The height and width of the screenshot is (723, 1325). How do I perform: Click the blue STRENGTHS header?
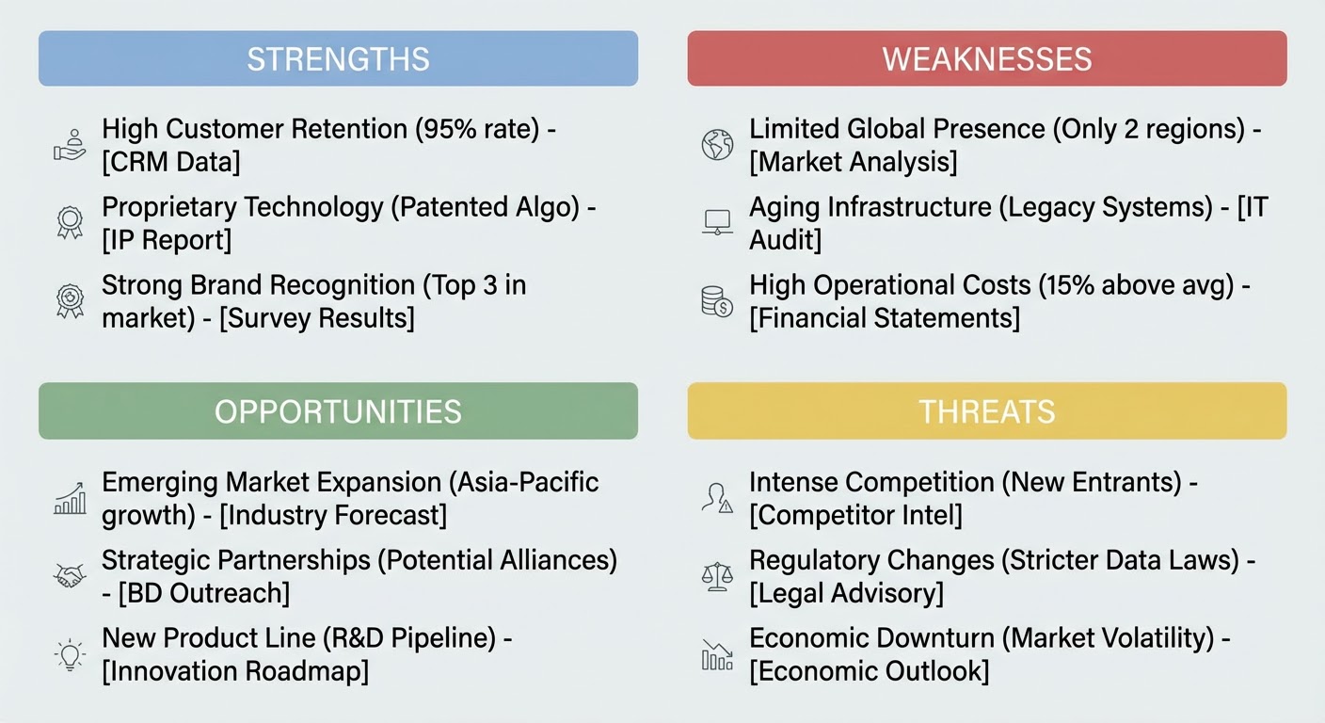click(x=339, y=58)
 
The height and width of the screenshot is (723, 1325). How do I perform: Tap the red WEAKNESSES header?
click(x=986, y=58)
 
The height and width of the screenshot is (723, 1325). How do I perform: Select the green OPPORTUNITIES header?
click(x=339, y=410)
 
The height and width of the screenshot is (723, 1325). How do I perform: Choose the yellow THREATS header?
click(x=986, y=410)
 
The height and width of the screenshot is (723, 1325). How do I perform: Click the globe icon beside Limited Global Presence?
click(x=717, y=144)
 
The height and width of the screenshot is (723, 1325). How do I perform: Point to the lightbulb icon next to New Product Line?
click(x=70, y=654)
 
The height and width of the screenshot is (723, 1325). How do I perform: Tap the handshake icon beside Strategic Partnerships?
click(x=70, y=576)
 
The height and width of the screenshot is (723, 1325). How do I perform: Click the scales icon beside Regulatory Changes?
click(x=717, y=576)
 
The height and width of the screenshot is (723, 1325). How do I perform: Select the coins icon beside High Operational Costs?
click(x=717, y=302)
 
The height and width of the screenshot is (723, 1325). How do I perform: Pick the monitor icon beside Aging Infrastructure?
click(x=717, y=222)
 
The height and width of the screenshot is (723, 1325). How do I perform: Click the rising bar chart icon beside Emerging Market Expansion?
click(x=70, y=498)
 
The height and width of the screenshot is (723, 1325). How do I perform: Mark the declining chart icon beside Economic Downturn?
click(x=717, y=654)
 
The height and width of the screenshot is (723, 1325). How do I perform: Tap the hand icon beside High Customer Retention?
click(x=70, y=145)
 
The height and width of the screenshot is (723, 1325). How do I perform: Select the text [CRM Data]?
click(x=171, y=162)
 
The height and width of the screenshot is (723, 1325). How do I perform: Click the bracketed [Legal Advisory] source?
click(x=846, y=593)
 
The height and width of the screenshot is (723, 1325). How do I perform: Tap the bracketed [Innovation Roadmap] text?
click(x=235, y=671)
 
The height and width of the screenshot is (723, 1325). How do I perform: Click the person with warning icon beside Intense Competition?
click(x=717, y=498)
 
